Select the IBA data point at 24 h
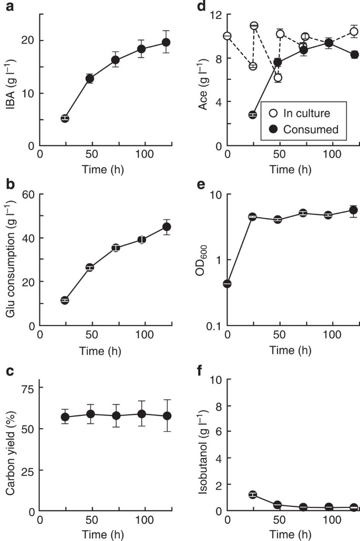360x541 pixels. (x=65, y=119)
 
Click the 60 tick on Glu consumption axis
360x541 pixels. (x=28, y=194)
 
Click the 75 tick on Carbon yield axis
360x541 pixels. (x=28, y=388)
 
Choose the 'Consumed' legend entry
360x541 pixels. (x=302, y=129)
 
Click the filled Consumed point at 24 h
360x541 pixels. (x=252, y=115)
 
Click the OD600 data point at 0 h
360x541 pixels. (x=227, y=284)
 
